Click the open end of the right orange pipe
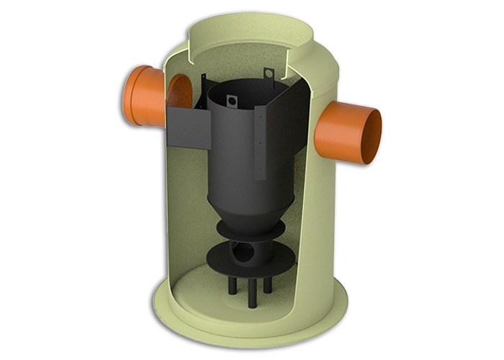point(372,132)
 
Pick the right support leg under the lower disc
point(267,282)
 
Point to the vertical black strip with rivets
point(260,144)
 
